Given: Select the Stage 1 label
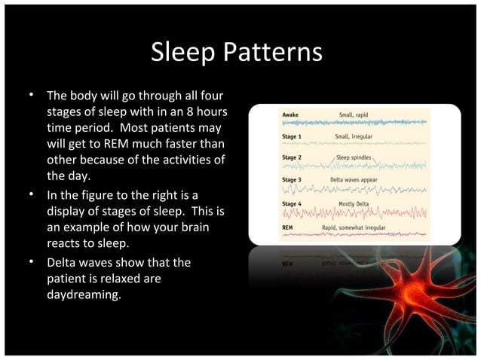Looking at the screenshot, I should coord(292,136).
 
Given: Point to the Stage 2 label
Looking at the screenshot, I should coord(292,158).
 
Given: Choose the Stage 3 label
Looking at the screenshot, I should coord(292,181).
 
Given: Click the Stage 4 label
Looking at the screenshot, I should coord(292,203).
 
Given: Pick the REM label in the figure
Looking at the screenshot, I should coord(287,226).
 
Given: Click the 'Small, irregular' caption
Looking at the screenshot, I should coord(354,136).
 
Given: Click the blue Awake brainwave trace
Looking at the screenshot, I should coord(354,122).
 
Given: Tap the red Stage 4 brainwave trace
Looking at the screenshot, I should coord(354,213).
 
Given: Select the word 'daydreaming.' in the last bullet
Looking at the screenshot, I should coord(83,295).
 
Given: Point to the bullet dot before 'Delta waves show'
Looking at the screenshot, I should coord(32,263).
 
